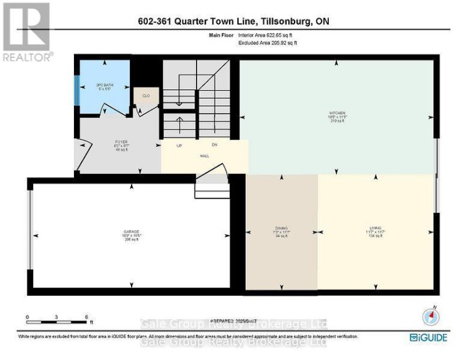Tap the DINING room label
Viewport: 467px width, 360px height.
[x=281, y=228]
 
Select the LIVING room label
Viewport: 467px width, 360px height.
[x=374, y=228]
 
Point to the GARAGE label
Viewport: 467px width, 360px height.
[x=132, y=232]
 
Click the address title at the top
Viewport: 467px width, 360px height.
[x=233, y=21]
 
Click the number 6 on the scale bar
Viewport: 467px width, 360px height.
[x=86, y=317]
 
